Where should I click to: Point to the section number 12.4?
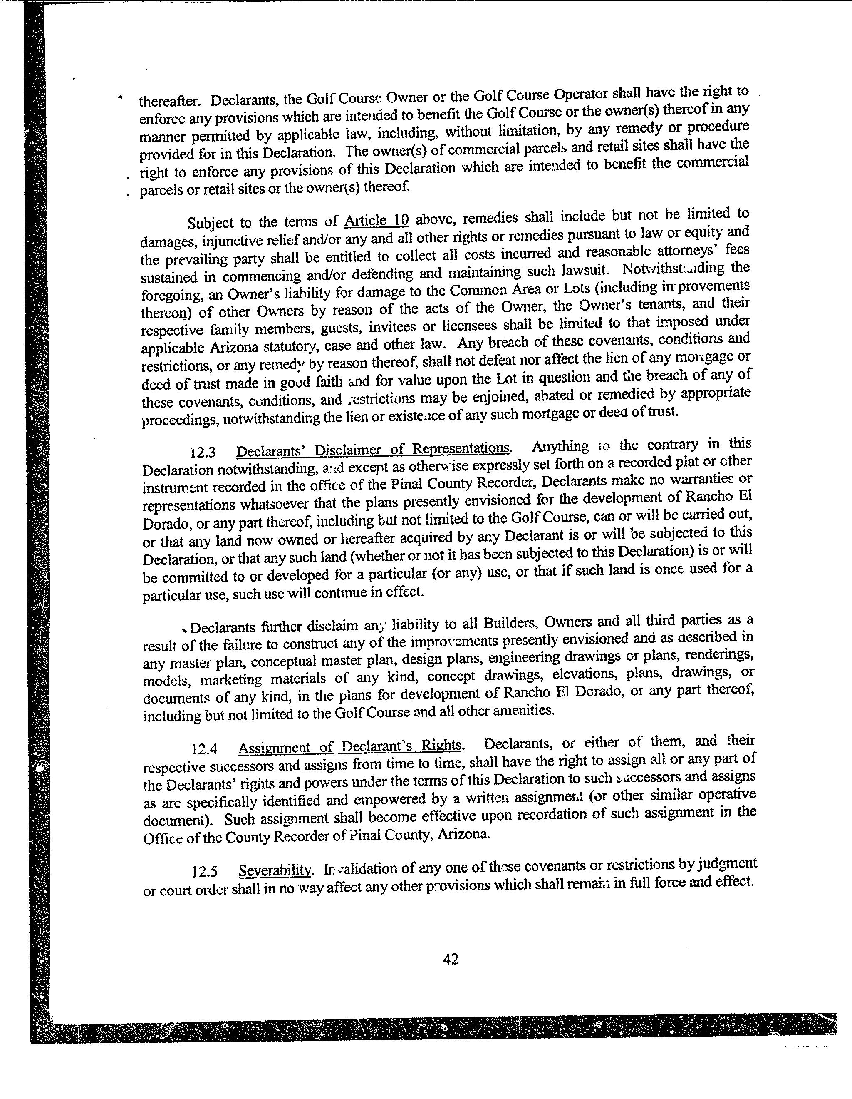(205, 749)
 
